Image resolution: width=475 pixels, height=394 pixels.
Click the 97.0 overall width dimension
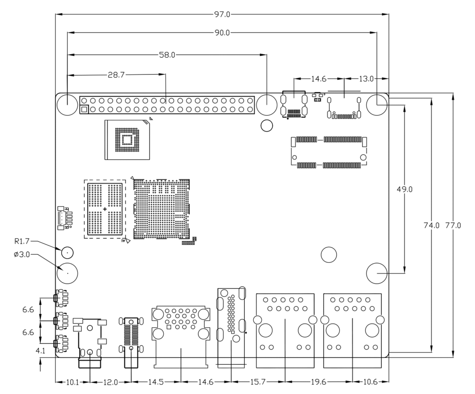click(222, 14)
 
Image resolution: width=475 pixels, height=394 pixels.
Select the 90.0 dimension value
click(222, 33)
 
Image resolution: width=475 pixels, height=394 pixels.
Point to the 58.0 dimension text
click(167, 55)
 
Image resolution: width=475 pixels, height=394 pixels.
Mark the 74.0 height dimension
click(431, 226)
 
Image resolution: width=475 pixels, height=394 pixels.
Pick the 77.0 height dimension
click(453, 226)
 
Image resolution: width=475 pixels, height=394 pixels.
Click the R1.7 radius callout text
click(22, 241)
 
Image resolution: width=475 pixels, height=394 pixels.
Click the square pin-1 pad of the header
click(84, 110)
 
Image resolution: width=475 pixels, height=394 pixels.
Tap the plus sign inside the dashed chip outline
click(105, 210)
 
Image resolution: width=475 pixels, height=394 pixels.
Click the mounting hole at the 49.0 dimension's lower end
click(377, 273)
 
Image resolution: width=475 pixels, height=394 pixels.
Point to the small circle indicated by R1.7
click(67, 253)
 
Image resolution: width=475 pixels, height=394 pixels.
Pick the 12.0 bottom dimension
click(110, 382)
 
